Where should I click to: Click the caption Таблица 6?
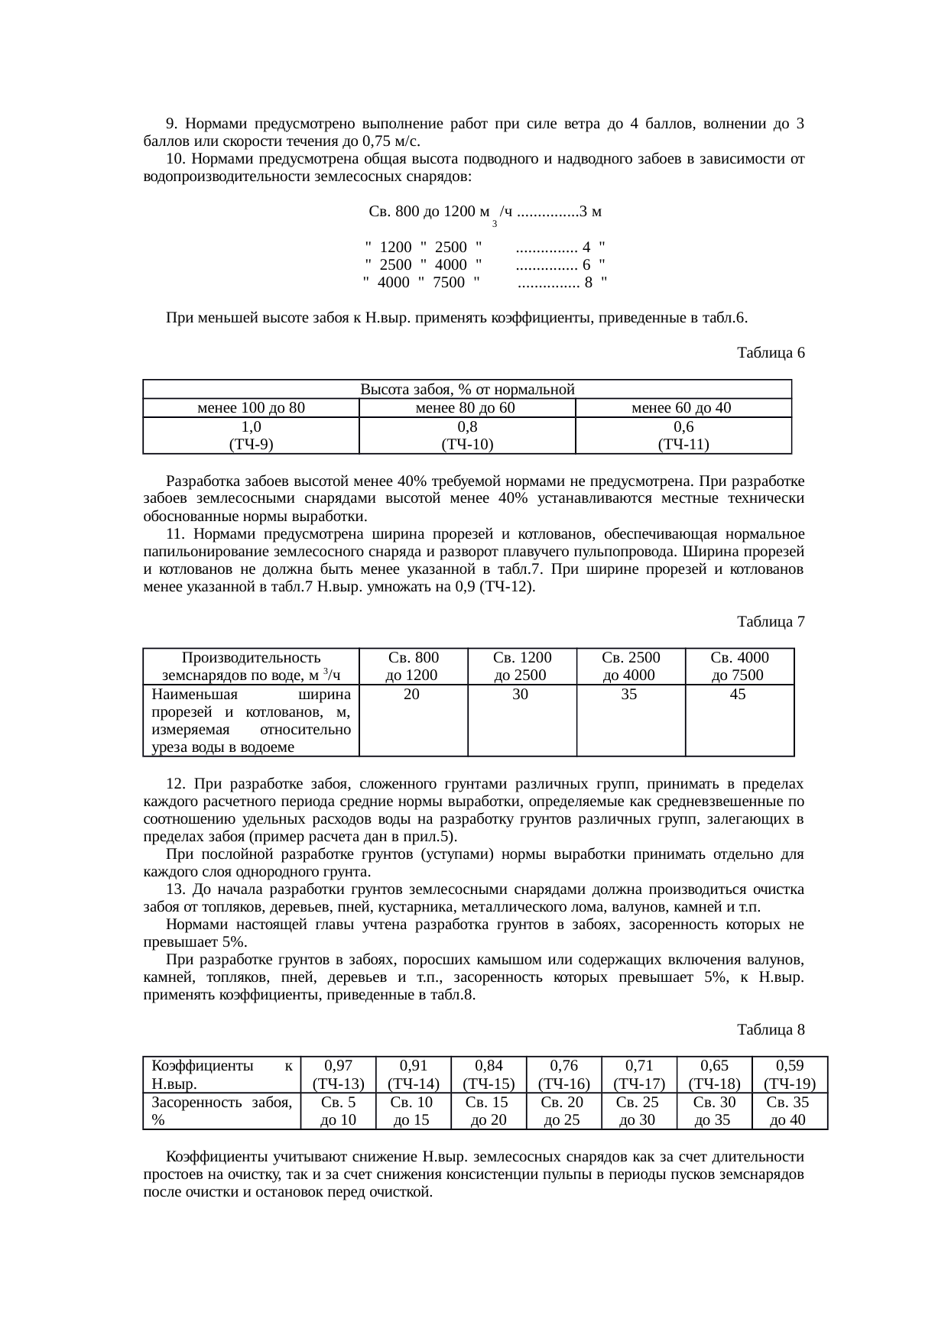click(771, 353)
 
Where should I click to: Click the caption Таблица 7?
click(771, 622)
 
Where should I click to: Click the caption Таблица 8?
click(771, 1030)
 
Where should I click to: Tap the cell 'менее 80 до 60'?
click(466, 408)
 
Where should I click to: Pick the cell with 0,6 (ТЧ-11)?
click(683, 436)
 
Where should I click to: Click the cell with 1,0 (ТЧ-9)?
click(251, 436)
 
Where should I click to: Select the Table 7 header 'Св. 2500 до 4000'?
click(630, 666)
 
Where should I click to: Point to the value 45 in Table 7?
click(738, 695)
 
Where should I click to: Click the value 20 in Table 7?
click(411, 695)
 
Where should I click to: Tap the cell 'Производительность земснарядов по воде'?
click(251, 666)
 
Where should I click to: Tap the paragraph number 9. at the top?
click(171, 124)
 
